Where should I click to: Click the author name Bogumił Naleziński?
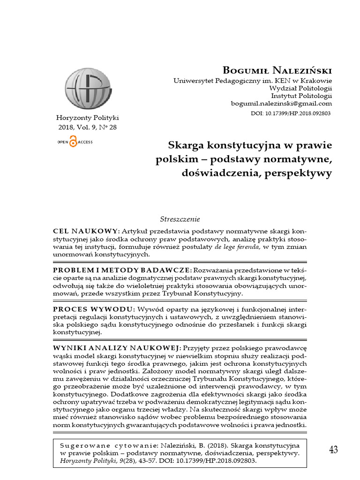pos(277,70)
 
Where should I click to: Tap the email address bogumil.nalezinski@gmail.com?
pos(281,104)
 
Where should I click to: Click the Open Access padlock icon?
pos(73,142)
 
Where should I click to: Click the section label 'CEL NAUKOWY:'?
pos(86,231)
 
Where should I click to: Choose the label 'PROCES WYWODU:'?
pos(94,309)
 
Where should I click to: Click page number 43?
pos(333,450)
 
